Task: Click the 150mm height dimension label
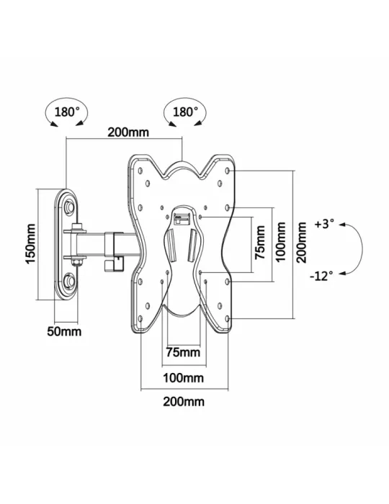pyautogui.click(x=31, y=244)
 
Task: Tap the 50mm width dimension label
pyautogui.click(x=64, y=331)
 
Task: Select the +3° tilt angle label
pyautogui.click(x=324, y=224)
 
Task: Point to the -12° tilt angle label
pyautogui.click(x=321, y=276)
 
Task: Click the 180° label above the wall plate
pyautogui.click(x=67, y=112)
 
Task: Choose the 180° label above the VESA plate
pyautogui.click(x=186, y=112)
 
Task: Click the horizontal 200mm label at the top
pyautogui.click(x=128, y=132)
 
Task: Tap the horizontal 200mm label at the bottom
pyautogui.click(x=184, y=402)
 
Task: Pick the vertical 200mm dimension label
pyautogui.click(x=301, y=243)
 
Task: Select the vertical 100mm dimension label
pyautogui.click(x=280, y=242)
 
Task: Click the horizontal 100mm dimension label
pyautogui.click(x=183, y=378)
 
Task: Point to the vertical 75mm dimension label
pyautogui.click(x=260, y=243)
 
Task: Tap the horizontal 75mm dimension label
pyautogui.click(x=183, y=352)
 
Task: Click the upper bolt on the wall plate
pyautogui.click(x=69, y=206)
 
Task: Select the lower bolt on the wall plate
pyautogui.click(x=69, y=281)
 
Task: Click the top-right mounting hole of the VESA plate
pyautogui.click(x=228, y=171)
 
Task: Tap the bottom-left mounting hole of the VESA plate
pyautogui.click(x=140, y=318)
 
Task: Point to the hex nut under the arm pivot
pyautogui.click(x=77, y=263)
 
